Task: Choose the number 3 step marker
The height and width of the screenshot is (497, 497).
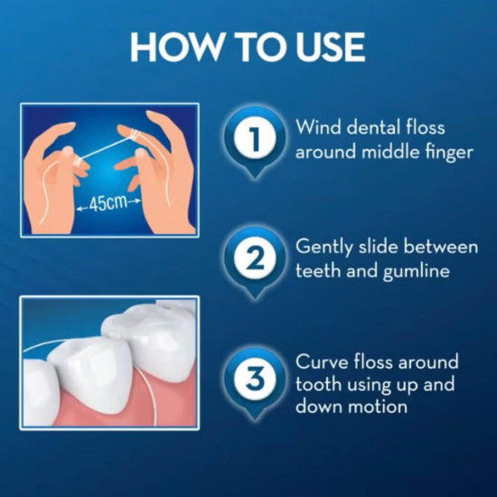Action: [255, 380]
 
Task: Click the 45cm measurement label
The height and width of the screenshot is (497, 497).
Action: [108, 203]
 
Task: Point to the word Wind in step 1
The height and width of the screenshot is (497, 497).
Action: [317, 127]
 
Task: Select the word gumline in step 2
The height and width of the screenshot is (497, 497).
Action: [417, 272]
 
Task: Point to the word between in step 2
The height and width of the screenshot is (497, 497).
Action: [441, 247]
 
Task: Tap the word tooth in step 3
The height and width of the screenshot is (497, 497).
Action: [318, 384]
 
